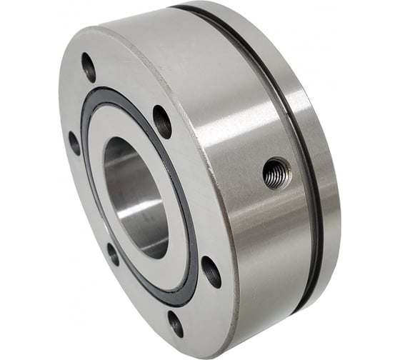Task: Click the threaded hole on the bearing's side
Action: tap(276, 173)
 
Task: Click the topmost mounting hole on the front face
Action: tap(89, 66)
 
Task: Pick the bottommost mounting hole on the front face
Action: tap(176, 324)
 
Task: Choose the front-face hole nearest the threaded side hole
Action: tap(162, 121)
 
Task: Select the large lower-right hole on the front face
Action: tap(211, 271)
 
